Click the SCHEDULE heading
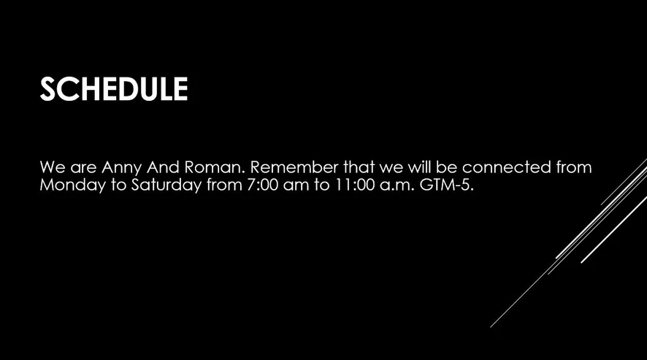coord(114,89)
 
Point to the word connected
coord(507,167)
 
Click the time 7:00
coord(263,185)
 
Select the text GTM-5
coord(446,185)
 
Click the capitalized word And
coord(163,167)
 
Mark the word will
coord(420,167)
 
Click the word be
coord(446,167)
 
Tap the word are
coord(83,169)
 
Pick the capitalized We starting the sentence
coord(53,167)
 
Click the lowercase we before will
coord(391,169)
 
